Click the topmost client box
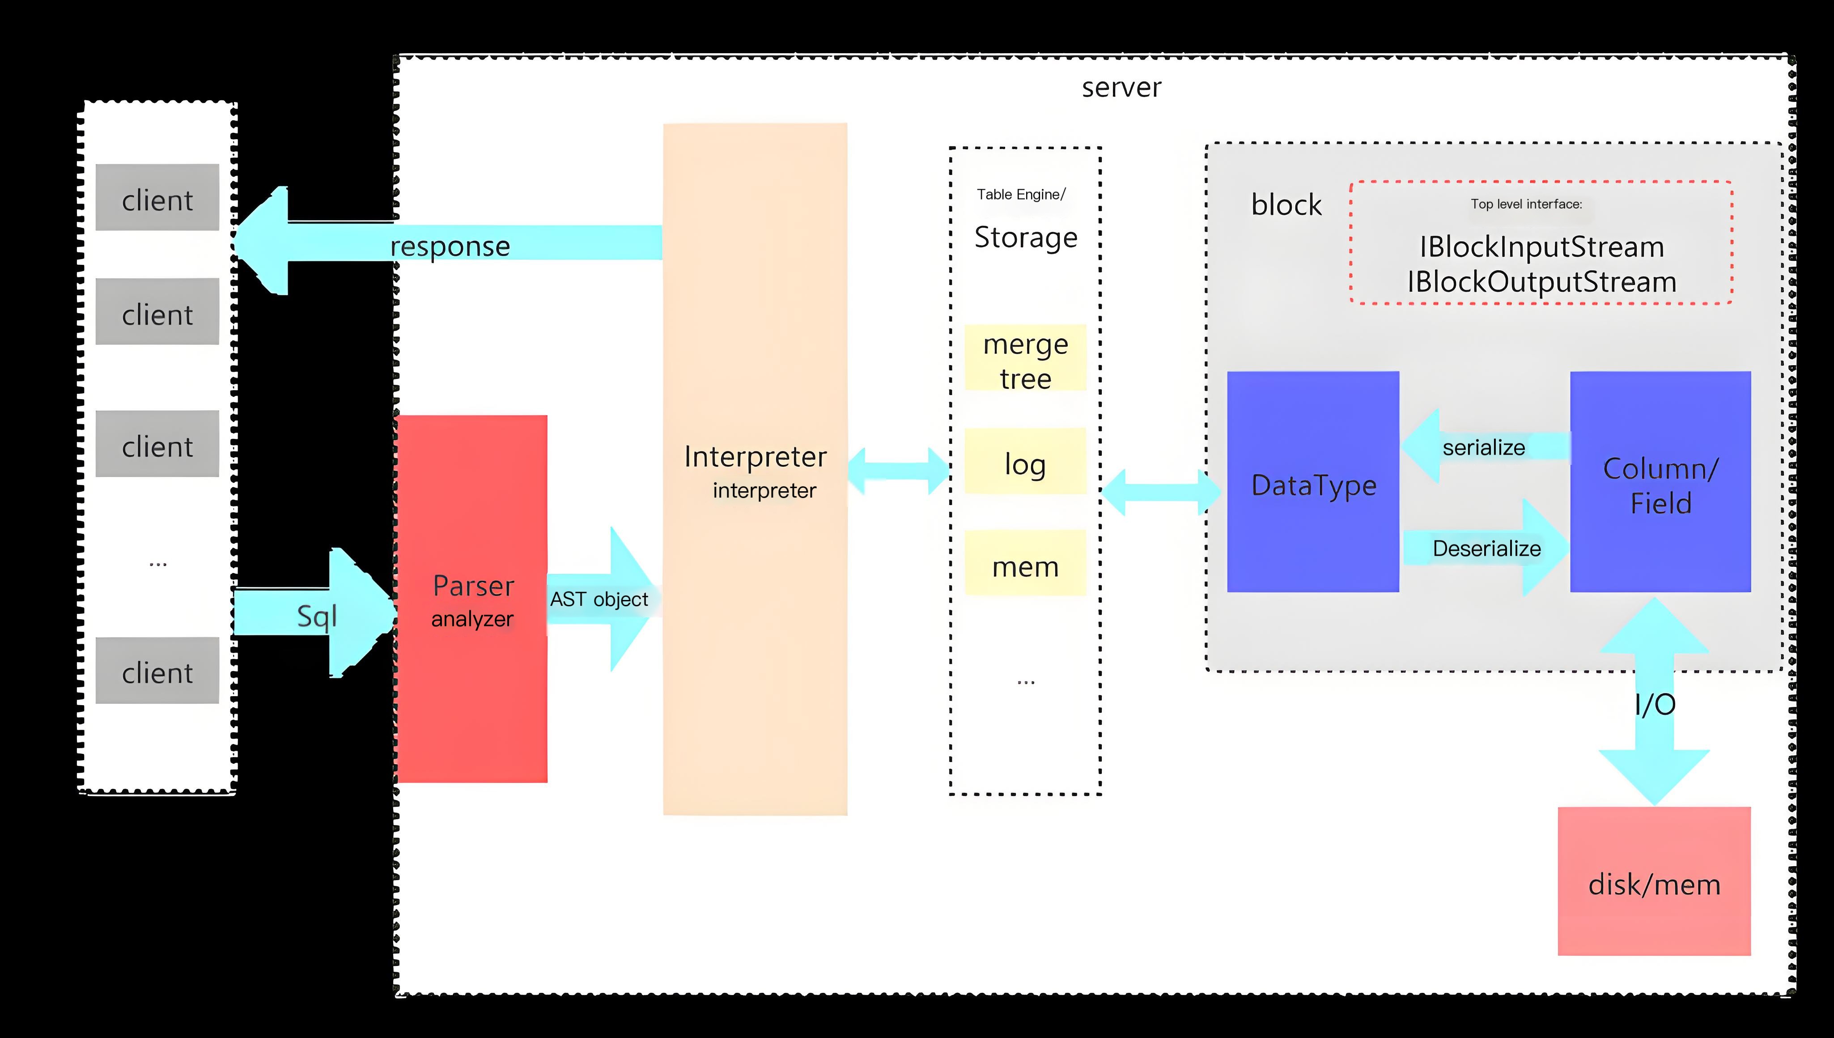(x=157, y=197)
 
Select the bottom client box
(x=157, y=670)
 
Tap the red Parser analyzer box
(x=472, y=599)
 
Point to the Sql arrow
(x=317, y=615)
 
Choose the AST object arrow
(x=599, y=599)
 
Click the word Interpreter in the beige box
(x=755, y=456)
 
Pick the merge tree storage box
(x=1025, y=358)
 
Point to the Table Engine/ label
(x=1021, y=194)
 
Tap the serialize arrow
(x=1483, y=447)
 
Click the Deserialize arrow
(x=1486, y=548)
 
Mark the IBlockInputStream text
(x=1541, y=247)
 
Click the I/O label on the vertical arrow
(x=1654, y=704)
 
